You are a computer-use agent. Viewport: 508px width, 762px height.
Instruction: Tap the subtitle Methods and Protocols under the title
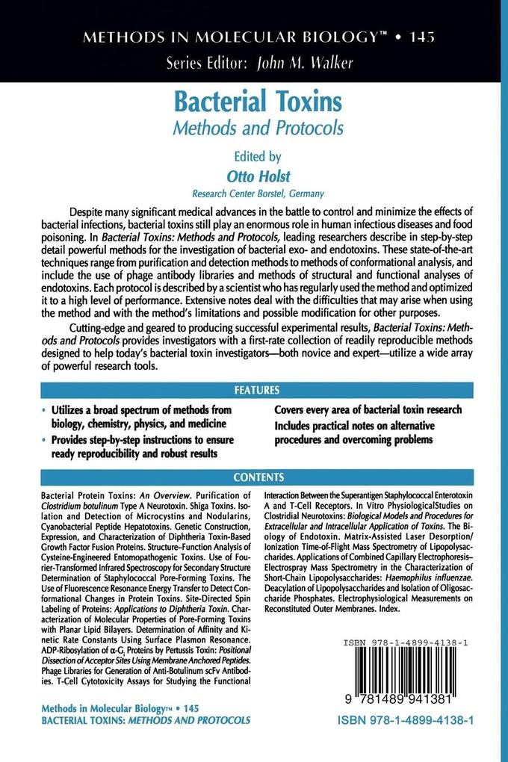[258, 128]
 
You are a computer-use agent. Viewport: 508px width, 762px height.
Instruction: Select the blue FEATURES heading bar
[257, 390]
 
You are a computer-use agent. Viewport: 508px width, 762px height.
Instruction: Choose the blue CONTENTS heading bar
[258, 477]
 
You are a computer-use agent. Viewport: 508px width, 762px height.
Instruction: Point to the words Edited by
[257, 157]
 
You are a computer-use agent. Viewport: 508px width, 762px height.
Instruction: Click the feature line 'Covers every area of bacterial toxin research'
[368, 410]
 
